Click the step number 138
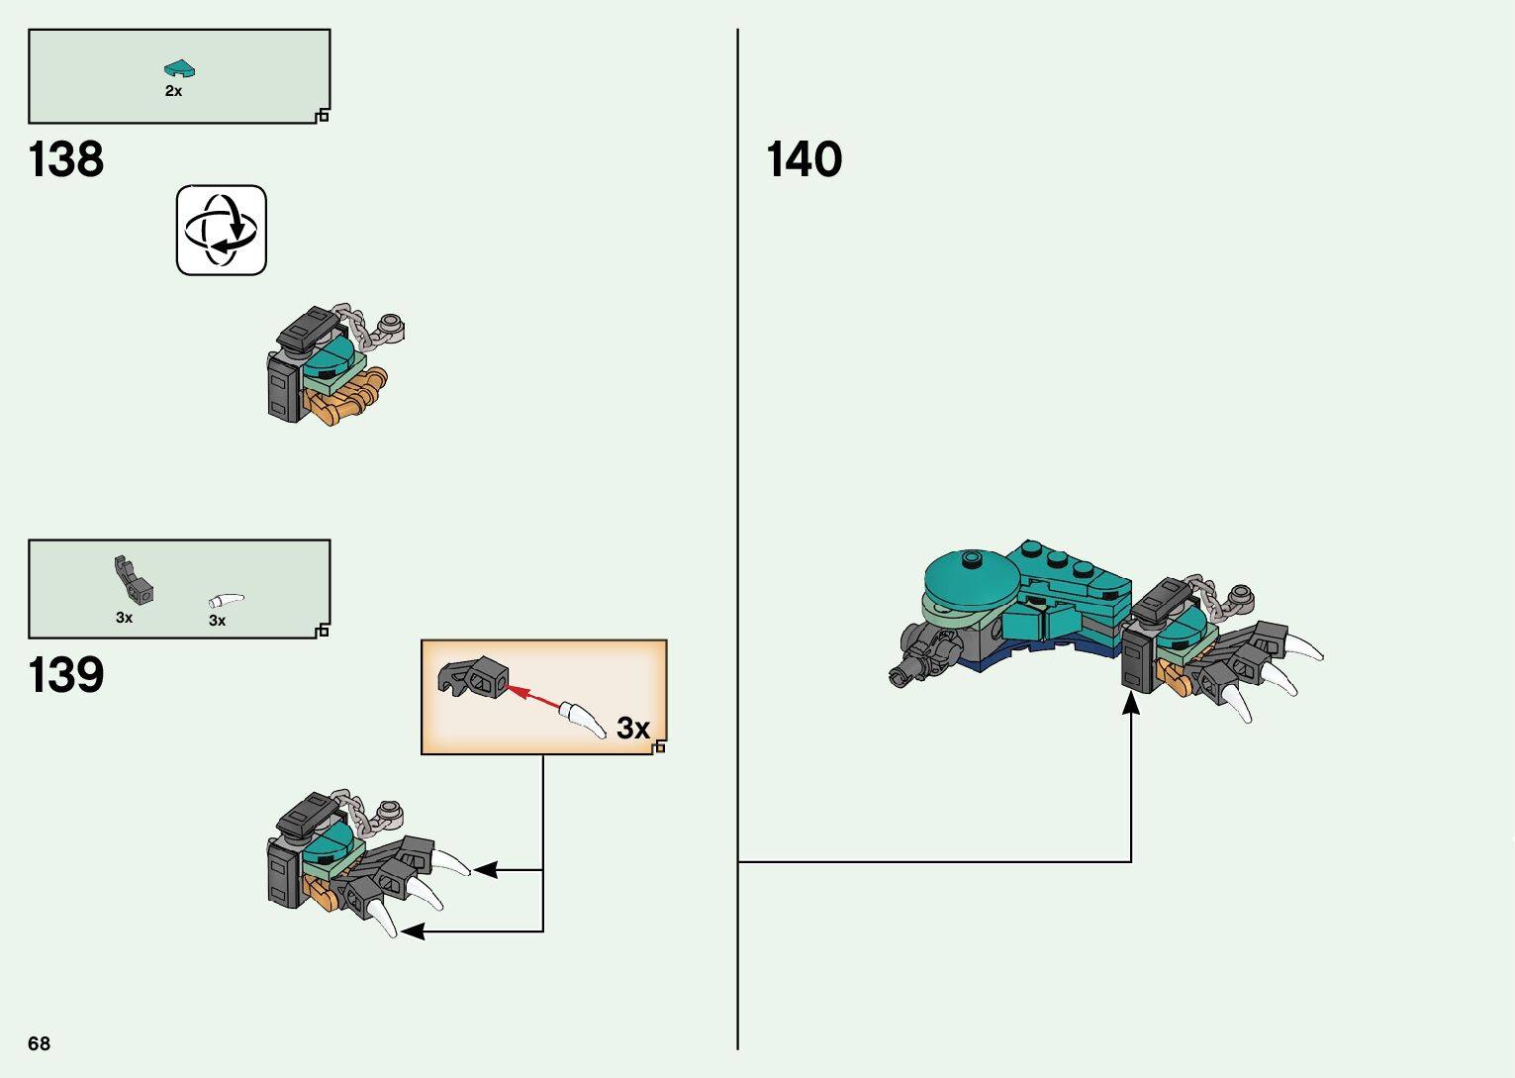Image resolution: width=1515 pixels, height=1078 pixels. (66, 159)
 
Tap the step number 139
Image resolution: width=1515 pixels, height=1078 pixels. (66, 675)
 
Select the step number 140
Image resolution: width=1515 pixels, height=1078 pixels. (804, 159)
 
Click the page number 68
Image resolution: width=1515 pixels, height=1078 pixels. (40, 1043)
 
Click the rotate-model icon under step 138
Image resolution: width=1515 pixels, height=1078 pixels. (222, 230)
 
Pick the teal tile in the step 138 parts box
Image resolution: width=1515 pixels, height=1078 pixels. (179, 69)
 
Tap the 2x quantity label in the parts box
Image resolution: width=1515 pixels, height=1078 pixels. (173, 91)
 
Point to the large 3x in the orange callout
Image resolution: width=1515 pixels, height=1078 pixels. (633, 729)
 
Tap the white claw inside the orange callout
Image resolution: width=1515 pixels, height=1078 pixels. (584, 719)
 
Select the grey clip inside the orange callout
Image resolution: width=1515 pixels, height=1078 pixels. (473, 676)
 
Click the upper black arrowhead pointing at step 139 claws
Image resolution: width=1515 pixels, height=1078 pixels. (485, 870)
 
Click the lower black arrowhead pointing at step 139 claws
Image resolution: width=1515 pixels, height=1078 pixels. (412, 931)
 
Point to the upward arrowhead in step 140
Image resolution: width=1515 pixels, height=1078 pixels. (1131, 703)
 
